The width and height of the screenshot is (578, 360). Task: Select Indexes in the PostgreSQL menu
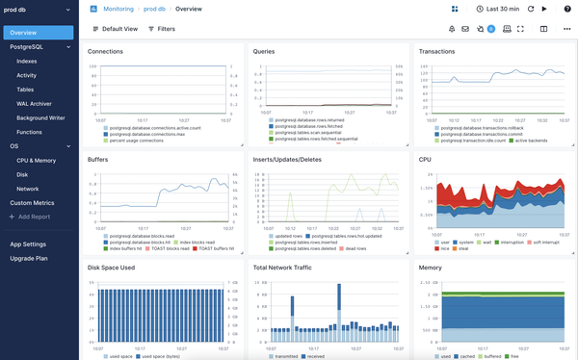click(27, 60)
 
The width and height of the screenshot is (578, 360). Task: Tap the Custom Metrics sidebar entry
click(32, 203)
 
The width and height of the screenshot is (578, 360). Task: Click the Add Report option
click(31, 218)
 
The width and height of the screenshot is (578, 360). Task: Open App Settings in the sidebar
click(28, 244)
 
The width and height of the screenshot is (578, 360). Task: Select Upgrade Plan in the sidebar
click(30, 260)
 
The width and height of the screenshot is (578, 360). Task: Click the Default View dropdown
click(114, 29)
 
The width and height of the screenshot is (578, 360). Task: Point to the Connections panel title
click(105, 51)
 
